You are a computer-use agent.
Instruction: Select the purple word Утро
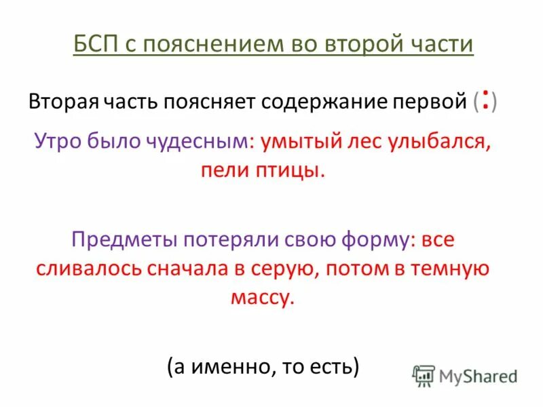click(59, 142)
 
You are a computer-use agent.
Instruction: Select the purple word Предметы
click(123, 240)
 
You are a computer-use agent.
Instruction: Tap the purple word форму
click(377, 240)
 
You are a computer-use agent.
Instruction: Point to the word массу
click(270, 297)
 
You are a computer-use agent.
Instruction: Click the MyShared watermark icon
click(424, 375)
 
